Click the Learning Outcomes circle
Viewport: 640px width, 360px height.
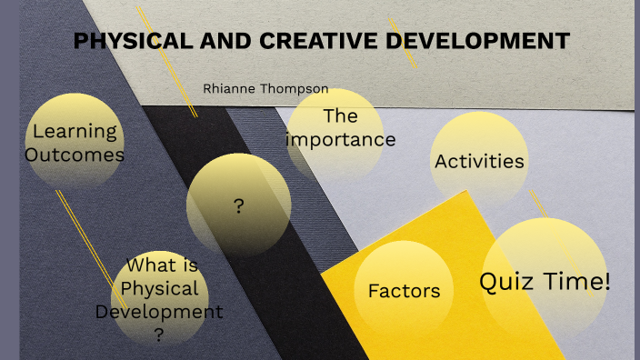pyautogui.click(x=75, y=142)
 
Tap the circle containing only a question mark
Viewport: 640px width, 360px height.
pyautogui.click(x=239, y=205)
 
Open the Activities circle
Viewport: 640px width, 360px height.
pyautogui.click(x=479, y=162)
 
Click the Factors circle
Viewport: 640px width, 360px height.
pyautogui.click(x=404, y=291)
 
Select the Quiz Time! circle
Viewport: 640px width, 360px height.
pyautogui.click(x=544, y=282)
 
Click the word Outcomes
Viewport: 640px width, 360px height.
pyautogui.click(x=75, y=155)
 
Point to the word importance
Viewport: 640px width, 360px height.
pyautogui.click(x=341, y=140)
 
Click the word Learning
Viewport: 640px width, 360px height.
pyautogui.click(x=75, y=131)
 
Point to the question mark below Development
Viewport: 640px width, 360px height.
pyautogui.click(x=159, y=335)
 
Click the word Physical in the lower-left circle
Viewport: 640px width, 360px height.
pyautogui.click(x=159, y=289)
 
